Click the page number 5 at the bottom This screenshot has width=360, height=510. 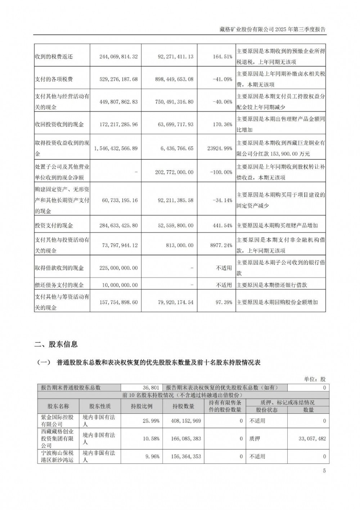pos(324,471)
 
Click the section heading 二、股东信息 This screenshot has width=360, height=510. pos(56,344)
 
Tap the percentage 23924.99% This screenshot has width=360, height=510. pos(220,148)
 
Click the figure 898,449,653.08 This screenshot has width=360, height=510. pos(176,79)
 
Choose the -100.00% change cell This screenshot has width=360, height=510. pos(221,172)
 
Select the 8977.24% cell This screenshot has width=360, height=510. pos(221,245)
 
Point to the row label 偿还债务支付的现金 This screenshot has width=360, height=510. pos(59,285)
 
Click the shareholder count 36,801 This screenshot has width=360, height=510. pos(150,388)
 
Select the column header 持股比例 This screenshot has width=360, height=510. pos(141,406)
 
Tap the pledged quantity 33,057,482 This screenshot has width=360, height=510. pos(312,439)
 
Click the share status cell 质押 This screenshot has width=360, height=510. pos(255,439)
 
